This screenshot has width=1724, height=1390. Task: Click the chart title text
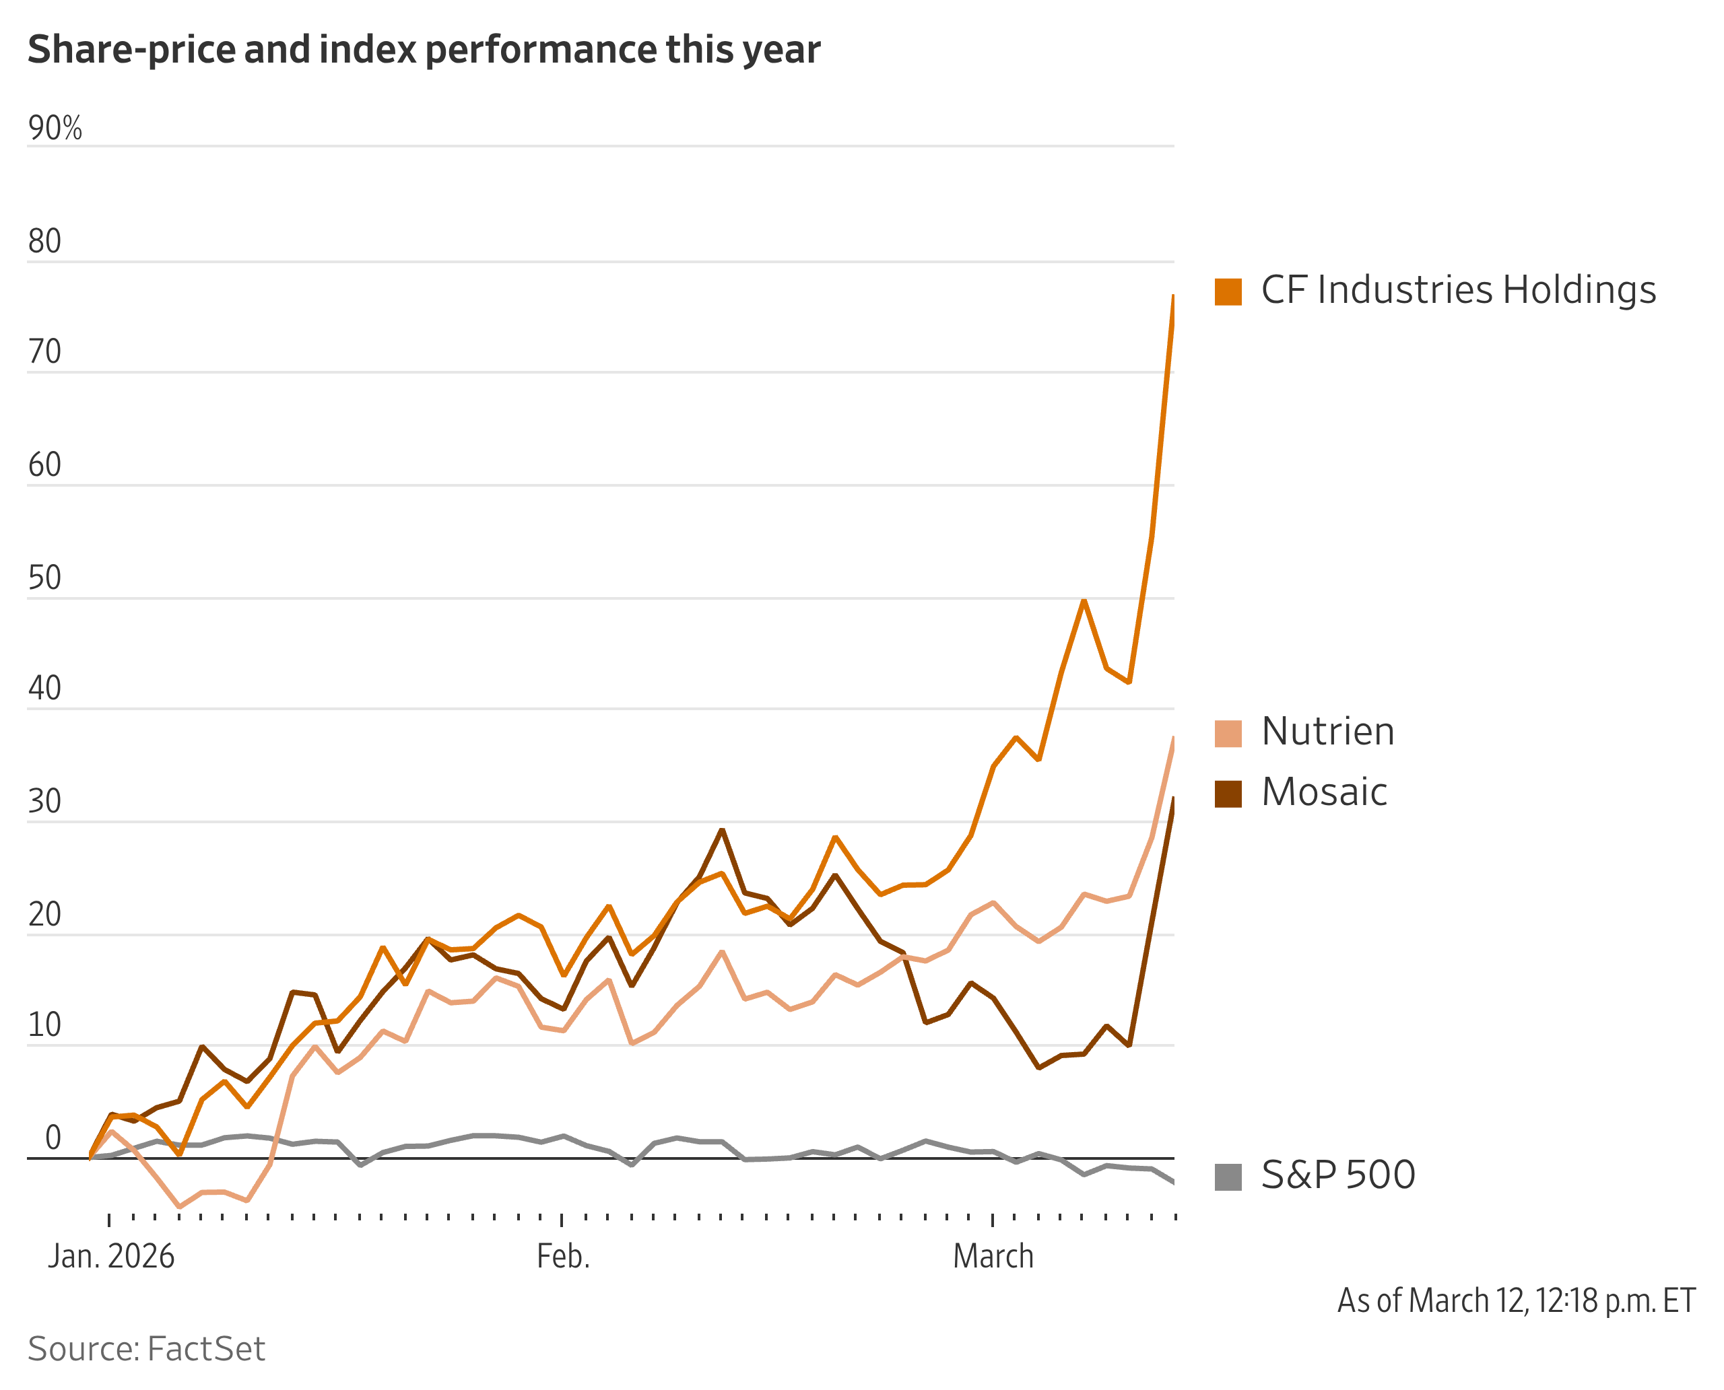[424, 50]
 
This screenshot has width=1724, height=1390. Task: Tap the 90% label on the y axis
[55, 128]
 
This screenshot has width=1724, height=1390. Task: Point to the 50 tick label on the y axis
[45, 578]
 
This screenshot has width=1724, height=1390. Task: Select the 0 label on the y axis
[53, 1138]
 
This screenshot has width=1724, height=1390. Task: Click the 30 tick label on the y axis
[45, 802]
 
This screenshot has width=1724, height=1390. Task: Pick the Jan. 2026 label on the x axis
[111, 1256]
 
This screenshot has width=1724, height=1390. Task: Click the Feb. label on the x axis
[563, 1256]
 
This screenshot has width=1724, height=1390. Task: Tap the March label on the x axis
[993, 1256]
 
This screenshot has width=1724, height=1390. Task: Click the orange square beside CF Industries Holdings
[1228, 291]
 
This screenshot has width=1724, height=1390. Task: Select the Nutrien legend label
[1327, 732]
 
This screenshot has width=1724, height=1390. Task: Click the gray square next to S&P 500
[1228, 1177]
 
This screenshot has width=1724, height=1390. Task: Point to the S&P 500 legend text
[1338, 1175]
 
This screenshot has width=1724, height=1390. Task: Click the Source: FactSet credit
[147, 1349]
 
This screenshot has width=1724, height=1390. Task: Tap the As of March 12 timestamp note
[1516, 1301]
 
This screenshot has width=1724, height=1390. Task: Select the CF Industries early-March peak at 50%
[1084, 600]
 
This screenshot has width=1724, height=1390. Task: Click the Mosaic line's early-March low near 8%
[1038, 1068]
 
